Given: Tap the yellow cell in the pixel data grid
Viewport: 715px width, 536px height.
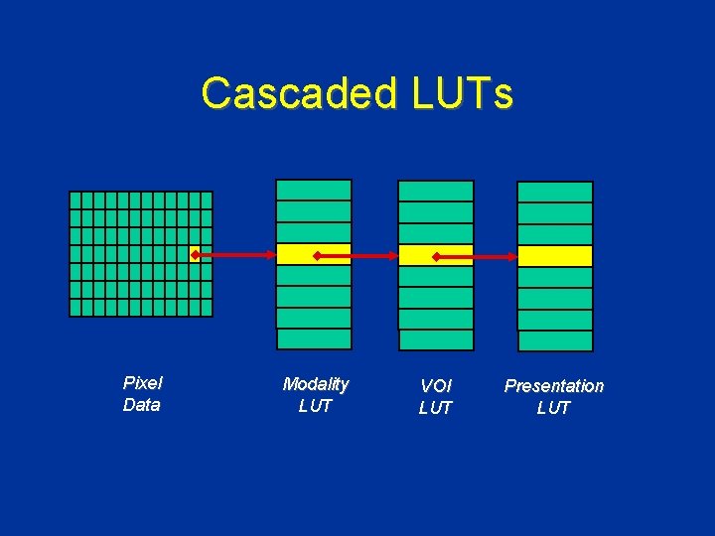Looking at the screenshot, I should (195, 254).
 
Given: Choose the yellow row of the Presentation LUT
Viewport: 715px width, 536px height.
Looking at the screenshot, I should (555, 256).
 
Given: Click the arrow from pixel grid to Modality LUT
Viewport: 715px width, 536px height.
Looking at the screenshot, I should (235, 255).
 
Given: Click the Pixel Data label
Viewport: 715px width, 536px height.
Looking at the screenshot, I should (142, 393).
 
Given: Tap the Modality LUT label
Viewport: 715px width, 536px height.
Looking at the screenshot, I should (315, 394).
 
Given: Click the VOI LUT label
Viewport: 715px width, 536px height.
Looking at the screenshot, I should (435, 396).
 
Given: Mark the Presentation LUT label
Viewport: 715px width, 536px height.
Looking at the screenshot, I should (553, 396).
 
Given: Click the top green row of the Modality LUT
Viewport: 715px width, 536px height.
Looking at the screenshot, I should (314, 190).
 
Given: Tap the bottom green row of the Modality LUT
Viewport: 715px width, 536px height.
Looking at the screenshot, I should (314, 338).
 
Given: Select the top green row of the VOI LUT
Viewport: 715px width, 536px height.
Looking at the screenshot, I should (436, 191).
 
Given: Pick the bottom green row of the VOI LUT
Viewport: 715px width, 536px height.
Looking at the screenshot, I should (436, 340).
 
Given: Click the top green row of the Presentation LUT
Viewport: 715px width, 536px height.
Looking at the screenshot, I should (555, 192).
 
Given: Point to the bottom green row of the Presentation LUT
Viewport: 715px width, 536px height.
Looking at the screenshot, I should (555, 340).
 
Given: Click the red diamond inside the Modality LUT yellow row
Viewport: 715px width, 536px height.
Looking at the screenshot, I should (317, 256).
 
